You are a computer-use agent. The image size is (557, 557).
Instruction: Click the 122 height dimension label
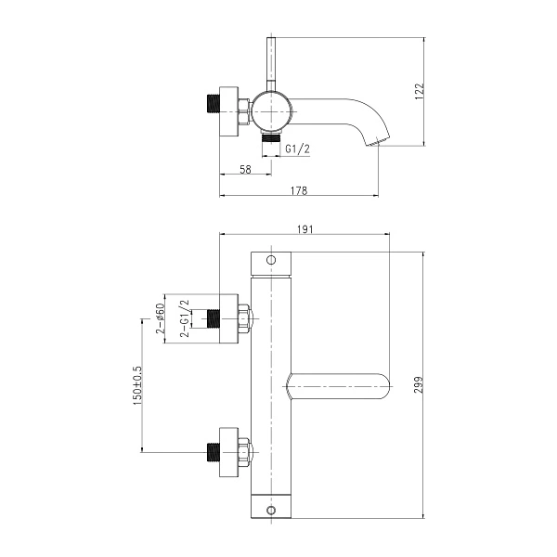pos(420,90)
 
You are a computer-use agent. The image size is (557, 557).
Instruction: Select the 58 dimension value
pos(246,169)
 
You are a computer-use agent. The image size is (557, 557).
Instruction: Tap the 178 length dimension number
pos(298,189)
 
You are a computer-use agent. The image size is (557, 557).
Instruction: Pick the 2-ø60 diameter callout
pos(160,318)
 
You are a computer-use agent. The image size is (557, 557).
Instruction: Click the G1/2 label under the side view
pos(297,149)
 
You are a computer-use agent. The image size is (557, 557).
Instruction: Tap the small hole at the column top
pos(271,260)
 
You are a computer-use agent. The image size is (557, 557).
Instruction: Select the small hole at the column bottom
pos(271,511)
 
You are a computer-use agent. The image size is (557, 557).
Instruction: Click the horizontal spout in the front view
pos(339,385)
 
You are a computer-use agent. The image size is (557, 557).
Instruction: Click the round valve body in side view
pos(272,111)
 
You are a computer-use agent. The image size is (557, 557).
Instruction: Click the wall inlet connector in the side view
pos(227,111)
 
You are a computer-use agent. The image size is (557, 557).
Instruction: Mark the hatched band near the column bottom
pos(271,492)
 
